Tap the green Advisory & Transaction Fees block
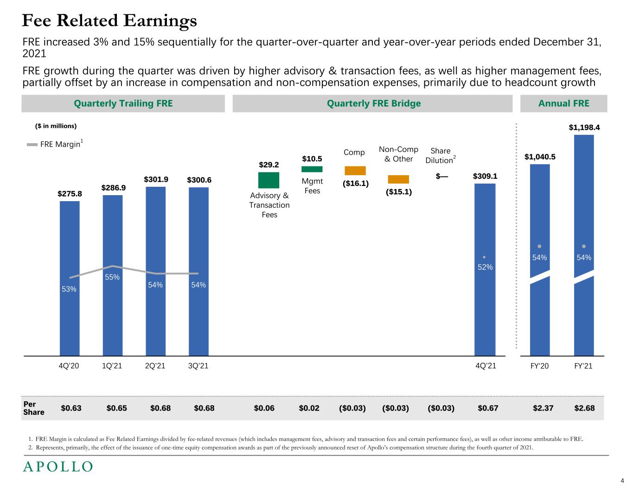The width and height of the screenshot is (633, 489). [x=269, y=180]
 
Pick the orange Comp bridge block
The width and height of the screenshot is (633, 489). [x=355, y=171]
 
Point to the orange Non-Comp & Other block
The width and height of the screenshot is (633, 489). [x=398, y=179]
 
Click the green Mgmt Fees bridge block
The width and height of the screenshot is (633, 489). [x=312, y=169]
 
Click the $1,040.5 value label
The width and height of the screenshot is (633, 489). [x=540, y=157]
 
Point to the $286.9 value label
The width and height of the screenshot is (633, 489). [x=114, y=188]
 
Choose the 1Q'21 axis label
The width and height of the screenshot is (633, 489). [x=112, y=366]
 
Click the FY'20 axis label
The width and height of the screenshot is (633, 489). [x=539, y=366]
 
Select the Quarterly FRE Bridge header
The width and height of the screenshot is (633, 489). [x=374, y=103]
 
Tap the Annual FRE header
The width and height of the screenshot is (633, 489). [x=563, y=103]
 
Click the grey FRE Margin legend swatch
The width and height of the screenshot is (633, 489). [x=32, y=145]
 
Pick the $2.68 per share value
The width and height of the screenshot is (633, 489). [x=584, y=408]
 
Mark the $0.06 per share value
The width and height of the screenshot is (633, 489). [x=264, y=408]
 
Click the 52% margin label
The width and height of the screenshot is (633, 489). [x=485, y=267]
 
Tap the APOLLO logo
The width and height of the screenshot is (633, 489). [x=58, y=467]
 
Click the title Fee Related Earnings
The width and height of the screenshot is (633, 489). [x=110, y=21]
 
